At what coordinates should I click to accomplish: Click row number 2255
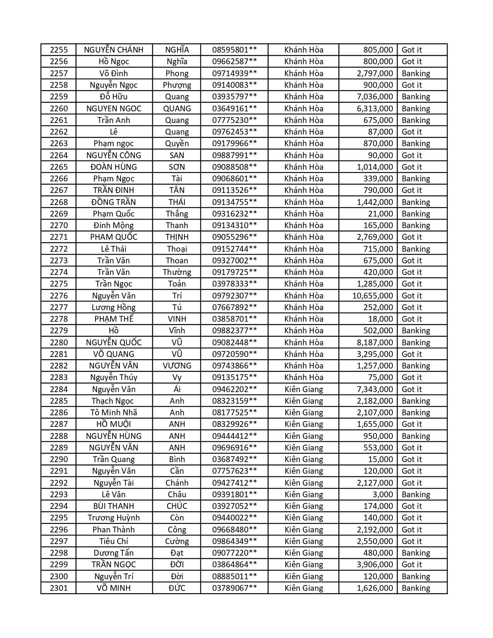pyautogui.click(x=59, y=50)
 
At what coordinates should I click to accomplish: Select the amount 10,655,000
pyautogui.click(x=372, y=296)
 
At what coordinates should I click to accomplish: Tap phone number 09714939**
pyautogui.click(x=234, y=73)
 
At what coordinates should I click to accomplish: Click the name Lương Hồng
pyautogui.click(x=114, y=307)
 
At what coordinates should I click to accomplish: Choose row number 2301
pyautogui.click(x=59, y=588)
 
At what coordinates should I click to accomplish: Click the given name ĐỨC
pyautogui.click(x=177, y=588)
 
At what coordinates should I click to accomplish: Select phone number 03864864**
pyautogui.click(x=234, y=565)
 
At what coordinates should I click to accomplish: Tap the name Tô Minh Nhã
pyautogui.click(x=114, y=413)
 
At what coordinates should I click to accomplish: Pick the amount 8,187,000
pyautogui.click(x=375, y=343)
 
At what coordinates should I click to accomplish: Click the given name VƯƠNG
pyautogui.click(x=177, y=366)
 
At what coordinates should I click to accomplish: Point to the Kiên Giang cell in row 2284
pyautogui.click(x=304, y=389)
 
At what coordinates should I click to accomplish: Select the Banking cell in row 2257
pyautogui.click(x=416, y=73)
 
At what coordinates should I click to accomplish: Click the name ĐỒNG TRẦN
pyautogui.click(x=114, y=202)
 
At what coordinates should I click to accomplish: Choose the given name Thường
pyautogui.click(x=177, y=272)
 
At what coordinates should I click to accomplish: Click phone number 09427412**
pyautogui.click(x=234, y=483)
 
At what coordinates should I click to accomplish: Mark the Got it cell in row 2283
pyautogui.click(x=411, y=377)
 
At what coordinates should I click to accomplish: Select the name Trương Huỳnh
pyautogui.click(x=114, y=518)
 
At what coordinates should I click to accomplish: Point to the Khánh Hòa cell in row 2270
pyautogui.click(x=304, y=225)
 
